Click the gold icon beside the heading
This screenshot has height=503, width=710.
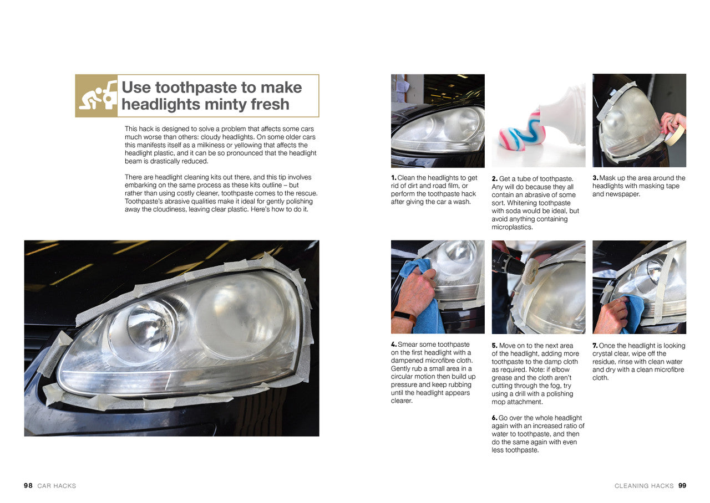click(x=97, y=96)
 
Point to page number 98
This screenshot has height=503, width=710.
click(x=28, y=486)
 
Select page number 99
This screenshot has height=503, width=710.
click(x=682, y=486)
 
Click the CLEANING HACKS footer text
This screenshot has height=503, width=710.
click(x=643, y=486)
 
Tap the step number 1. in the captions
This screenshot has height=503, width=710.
click(x=394, y=178)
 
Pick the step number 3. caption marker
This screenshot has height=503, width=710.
click(x=595, y=178)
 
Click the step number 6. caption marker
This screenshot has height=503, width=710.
click(x=495, y=418)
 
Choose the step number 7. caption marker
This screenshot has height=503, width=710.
click(x=595, y=346)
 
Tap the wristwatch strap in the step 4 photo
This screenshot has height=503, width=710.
click(x=404, y=319)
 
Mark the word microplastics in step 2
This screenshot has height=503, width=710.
click(x=512, y=227)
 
